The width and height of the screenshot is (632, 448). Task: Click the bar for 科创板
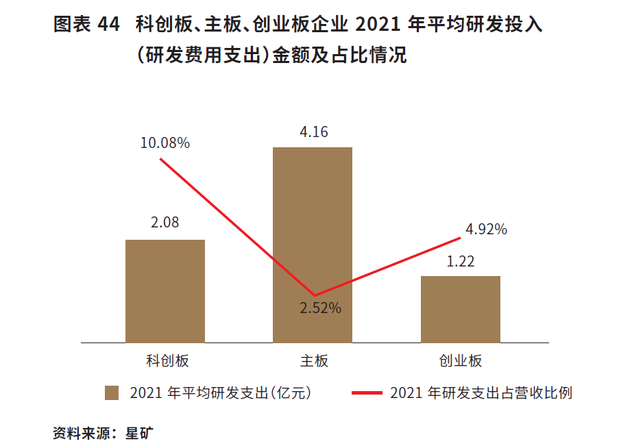(165, 291)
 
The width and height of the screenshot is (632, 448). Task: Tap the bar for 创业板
(460, 309)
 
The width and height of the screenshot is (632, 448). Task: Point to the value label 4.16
(313, 132)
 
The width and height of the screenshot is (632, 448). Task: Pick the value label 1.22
(461, 262)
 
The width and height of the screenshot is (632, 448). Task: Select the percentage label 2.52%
(320, 308)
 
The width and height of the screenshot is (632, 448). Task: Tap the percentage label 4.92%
(486, 229)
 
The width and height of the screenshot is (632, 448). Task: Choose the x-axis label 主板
(314, 361)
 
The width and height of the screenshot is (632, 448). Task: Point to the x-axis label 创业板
(461, 361)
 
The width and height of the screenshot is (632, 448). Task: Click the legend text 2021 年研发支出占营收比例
(481, 393)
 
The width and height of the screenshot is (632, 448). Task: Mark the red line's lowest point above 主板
(313, 295)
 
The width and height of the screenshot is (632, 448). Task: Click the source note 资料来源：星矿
(106, 433)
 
